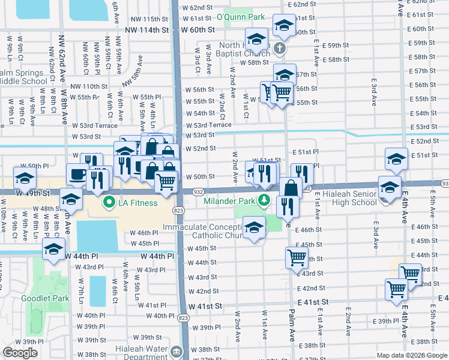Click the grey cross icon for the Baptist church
tap(279, 47)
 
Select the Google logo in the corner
tap(20, 353)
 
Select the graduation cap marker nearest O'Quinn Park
tap(284, 25)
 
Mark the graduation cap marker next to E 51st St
tap(396, 158)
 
